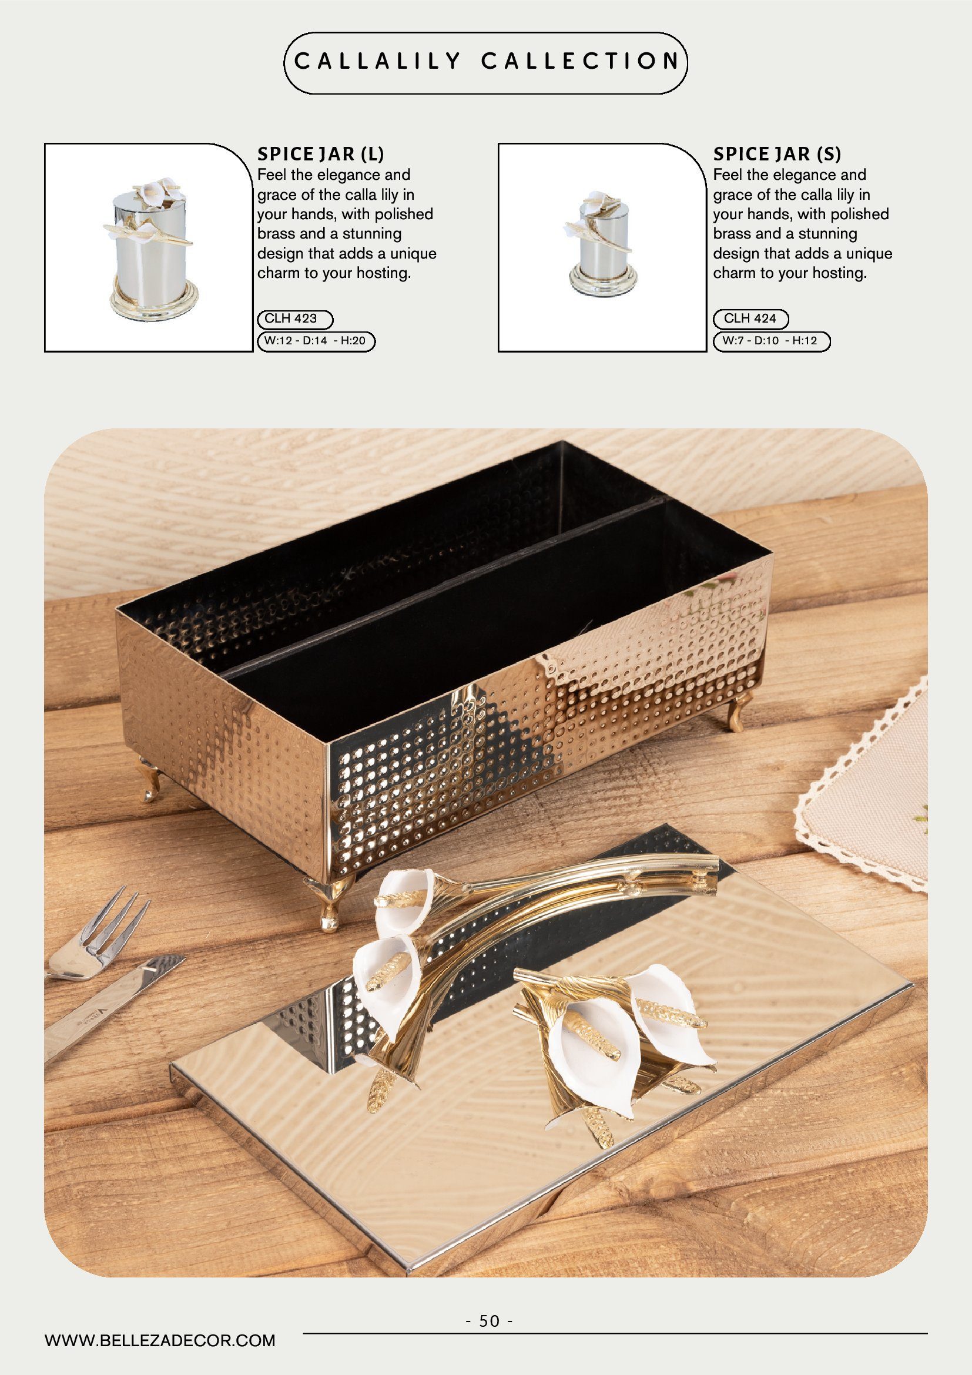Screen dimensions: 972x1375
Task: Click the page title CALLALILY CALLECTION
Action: click(x=487, y=61)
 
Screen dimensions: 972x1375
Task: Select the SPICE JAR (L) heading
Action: click(x=321, y=154)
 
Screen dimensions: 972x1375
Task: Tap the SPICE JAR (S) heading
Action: click(x=777, y=154)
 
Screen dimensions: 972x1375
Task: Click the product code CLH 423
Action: click(x=291, y=318)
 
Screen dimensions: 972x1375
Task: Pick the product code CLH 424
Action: click(x=750, y=318)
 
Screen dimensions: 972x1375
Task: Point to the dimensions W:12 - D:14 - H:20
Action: click(x=315, y=341)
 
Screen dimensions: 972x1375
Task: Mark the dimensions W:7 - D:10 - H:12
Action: click(x=770, y=341)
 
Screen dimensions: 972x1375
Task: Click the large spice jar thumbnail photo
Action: click(x=149, y=247)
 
